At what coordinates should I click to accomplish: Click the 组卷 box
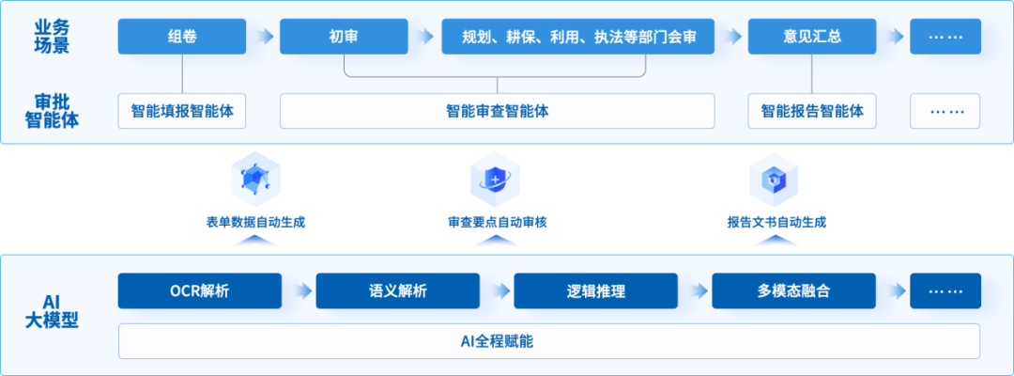point(182,37)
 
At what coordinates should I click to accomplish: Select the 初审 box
point(344,37)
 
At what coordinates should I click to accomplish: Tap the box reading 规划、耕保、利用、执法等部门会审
point(576,37)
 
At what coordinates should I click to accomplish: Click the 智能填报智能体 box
point(182,111)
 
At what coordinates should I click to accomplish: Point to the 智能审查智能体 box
point(497,111)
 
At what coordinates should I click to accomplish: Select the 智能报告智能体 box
point(812,111)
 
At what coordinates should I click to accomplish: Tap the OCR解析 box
point(199,290)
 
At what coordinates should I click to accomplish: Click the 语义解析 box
point(397,290)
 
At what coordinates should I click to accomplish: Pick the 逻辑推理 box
point(595,290)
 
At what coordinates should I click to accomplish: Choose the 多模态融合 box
point(793,290)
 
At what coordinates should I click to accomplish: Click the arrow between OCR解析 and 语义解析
point(299,290)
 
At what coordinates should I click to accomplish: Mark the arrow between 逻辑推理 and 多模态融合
point(695,290)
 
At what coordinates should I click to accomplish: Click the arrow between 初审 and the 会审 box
point(423,37)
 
